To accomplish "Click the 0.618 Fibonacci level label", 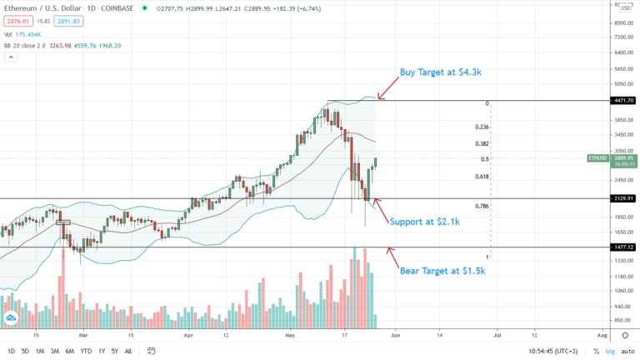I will click(482, 177).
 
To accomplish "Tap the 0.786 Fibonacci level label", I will click(482, 206).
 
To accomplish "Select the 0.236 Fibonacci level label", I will click(482, 127).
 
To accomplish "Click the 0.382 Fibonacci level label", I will click(482, 143).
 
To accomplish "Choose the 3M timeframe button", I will click(55, 351).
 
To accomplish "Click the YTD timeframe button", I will click(86, 351).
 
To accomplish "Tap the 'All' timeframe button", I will click(127, 351).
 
